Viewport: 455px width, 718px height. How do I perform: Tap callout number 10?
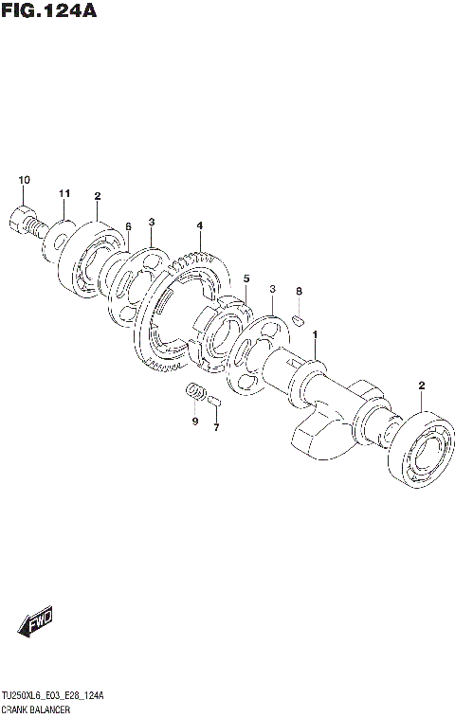click(x=24, y=180)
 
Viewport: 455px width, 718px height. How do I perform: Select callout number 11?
click(x=64, y=194)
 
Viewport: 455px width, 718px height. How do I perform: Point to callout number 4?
click(x=200, y=225)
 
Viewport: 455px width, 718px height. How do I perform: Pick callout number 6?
click(x=127, y=227)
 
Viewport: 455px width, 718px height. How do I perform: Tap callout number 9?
click(x=194, y=421)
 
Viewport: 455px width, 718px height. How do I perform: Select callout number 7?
click(x=215, y=427)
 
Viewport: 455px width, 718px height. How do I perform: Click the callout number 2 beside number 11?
click(x=97, y=196)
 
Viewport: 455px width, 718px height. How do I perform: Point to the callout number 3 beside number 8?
click(x=272, y=289)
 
